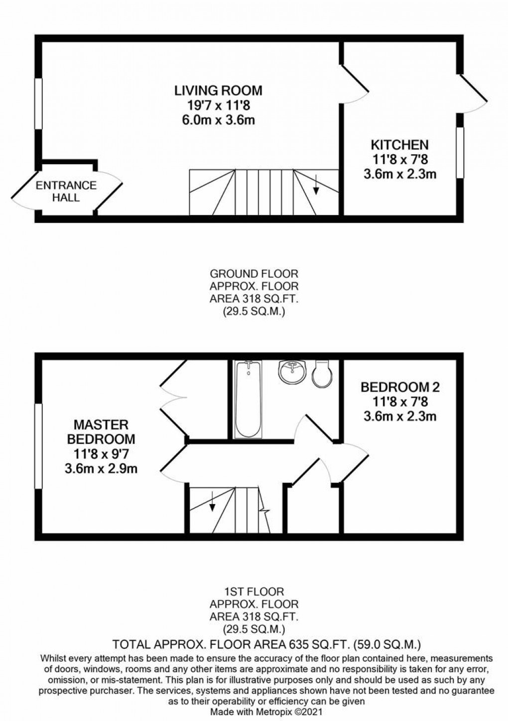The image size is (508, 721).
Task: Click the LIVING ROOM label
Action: coord(218,91)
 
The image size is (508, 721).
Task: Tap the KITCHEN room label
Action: coord(399,145)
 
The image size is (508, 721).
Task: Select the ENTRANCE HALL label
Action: coord(66,191)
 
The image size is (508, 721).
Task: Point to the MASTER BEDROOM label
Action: coord(101,432)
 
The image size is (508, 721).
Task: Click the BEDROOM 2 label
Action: coord(400,387)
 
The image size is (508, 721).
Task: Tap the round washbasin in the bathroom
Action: coord(292,372)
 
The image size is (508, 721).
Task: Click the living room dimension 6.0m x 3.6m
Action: coord(218,120)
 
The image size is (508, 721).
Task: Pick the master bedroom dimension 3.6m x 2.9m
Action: coord(101,468)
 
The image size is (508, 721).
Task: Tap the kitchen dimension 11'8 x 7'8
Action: coord(399,160)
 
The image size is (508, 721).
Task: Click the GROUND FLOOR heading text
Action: coord(254,274)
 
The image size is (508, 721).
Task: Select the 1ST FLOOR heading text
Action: coord(254,592)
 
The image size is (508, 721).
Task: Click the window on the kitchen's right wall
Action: coord(460,152)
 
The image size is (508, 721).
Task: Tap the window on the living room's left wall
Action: coord(37,103)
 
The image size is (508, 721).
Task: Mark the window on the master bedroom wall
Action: coord(37,446)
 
